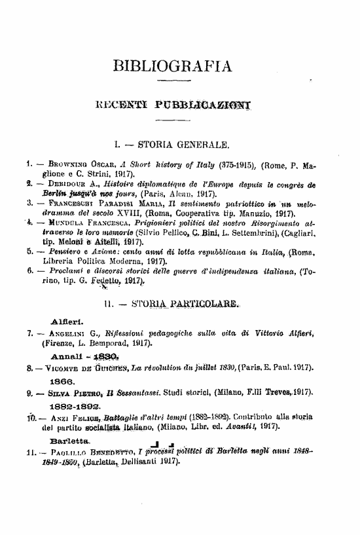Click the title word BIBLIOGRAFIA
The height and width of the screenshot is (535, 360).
click(x=172, y=65)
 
